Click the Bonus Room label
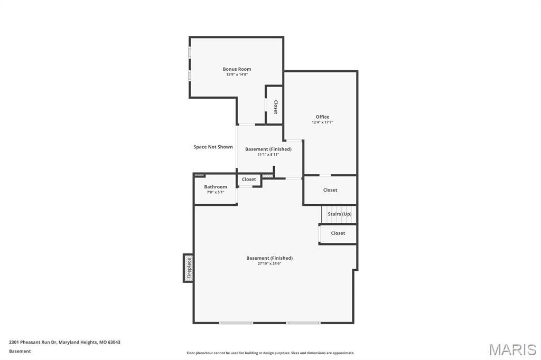[237, 69]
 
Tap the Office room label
[322, 117]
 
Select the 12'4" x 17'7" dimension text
[322, 122]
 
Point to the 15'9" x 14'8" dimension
[237, 74]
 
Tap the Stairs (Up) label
[339, 214]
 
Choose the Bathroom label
[216, 187]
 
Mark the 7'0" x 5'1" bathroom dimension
[216, 192]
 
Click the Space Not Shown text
[213, 147]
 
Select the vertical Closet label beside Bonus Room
[275, 107]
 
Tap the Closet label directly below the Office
[330, 190]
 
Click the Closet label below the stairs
[338, 233]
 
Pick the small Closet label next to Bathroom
[249, 179]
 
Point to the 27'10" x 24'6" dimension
[269, 263]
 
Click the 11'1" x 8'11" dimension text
[268, 155]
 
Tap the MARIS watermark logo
[512, 349]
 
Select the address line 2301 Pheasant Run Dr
[64, 342]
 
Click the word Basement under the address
[20, 351]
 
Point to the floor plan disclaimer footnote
[270, 353]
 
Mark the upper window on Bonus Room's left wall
[190, 53]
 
